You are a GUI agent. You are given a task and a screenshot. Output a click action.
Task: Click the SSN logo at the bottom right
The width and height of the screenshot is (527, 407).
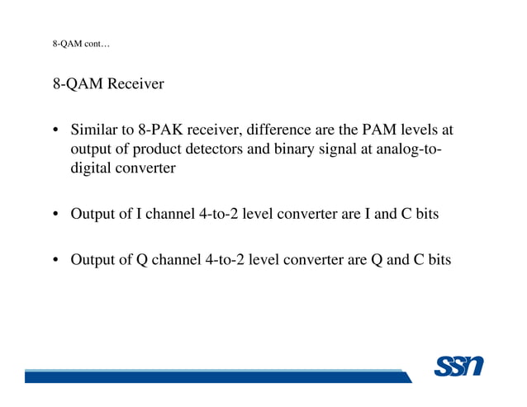[x=458, y=365]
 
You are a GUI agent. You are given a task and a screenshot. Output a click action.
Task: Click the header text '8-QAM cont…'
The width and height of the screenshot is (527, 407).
[x=82, y=44]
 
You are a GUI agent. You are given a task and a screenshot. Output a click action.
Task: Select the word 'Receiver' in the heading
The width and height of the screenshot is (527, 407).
[x=135, y=84]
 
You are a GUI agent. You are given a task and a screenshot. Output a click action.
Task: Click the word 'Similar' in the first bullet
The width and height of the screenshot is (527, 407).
[x=93, y=130]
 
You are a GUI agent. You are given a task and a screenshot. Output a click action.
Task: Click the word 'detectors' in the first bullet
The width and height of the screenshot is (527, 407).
[x=251, y=149]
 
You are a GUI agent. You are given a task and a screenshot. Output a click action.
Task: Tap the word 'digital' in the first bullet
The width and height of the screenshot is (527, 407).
[x=92, y=168]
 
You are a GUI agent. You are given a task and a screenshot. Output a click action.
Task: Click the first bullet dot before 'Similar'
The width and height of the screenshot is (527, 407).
[x=56, y=131]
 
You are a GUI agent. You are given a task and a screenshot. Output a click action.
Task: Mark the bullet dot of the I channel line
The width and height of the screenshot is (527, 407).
[x=56, y=215]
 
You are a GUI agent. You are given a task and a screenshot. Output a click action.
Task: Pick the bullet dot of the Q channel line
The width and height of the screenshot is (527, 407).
[x=56, y=260]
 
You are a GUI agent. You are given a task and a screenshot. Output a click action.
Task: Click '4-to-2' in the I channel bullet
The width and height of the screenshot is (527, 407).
[x=222, y=214]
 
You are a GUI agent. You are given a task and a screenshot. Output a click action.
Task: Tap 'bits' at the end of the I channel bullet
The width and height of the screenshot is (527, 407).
[x=426, y=214]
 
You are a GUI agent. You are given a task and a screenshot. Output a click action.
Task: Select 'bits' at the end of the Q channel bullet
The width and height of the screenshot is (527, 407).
[x=437, y=259]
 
